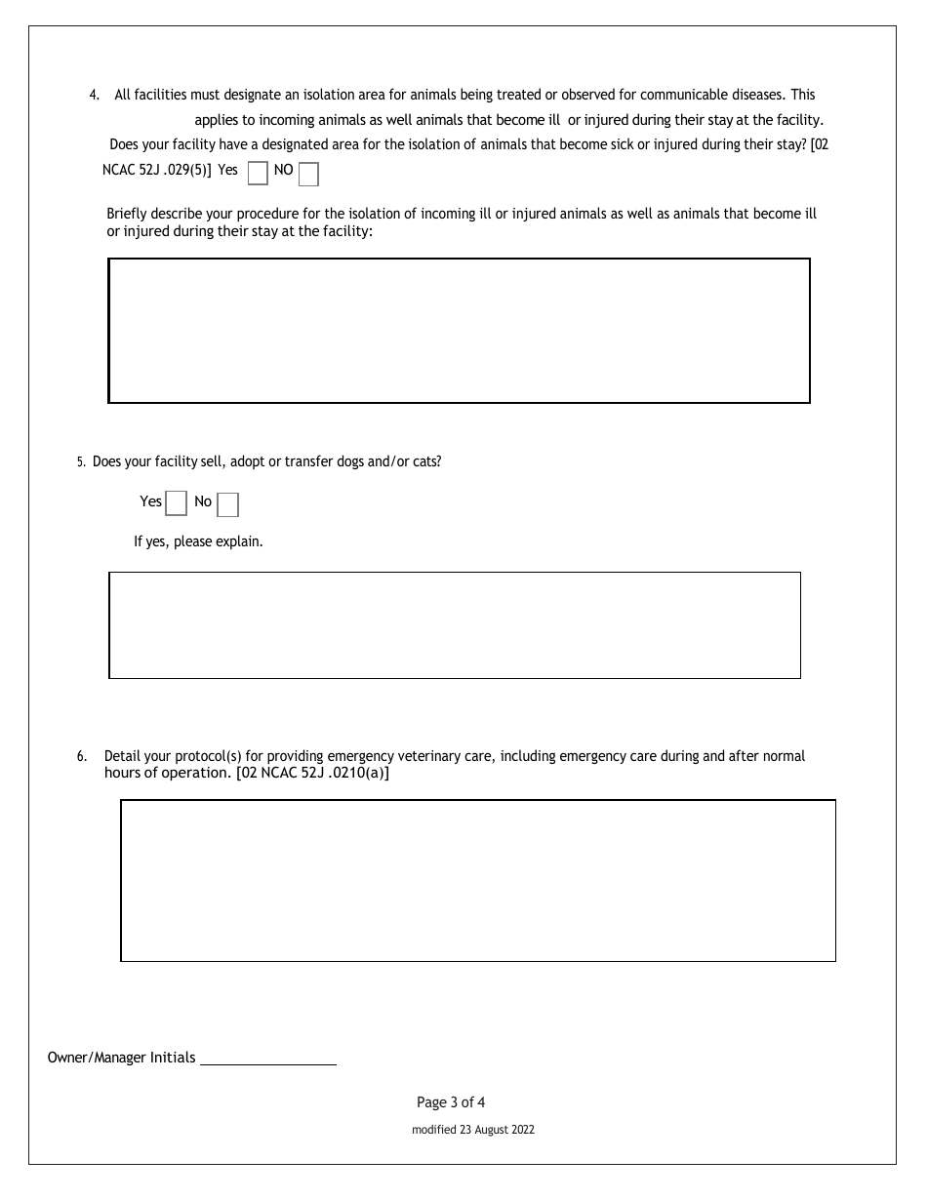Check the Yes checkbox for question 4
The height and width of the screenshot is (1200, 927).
258,174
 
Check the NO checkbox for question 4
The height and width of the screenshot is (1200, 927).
308,175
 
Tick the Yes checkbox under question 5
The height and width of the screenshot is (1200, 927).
176,503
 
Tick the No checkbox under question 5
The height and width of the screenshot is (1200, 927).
227,504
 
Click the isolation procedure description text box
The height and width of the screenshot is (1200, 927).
459,331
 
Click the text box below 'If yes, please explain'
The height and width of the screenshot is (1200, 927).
455,625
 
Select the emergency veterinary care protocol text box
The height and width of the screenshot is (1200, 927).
478,881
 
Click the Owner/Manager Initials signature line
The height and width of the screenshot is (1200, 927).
268,1059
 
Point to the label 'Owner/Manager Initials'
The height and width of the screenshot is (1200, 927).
121,1058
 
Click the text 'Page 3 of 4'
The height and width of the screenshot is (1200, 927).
451,1102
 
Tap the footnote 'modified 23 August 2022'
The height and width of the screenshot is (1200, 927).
473,1130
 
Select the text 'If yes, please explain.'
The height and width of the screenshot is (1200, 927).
198,540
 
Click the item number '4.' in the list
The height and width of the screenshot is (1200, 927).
95,96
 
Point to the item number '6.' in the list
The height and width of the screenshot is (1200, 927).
82,756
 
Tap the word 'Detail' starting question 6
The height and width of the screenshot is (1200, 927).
122,756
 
